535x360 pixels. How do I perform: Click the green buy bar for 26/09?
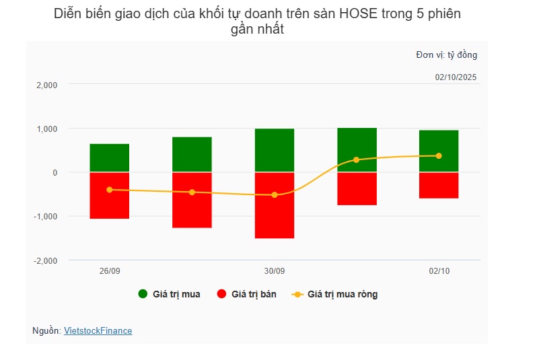[x=110, y=158]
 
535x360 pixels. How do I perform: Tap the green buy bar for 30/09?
[x=275, y=150]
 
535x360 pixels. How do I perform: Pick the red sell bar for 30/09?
[x=275, y=205]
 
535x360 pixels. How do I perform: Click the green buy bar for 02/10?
[x=439, y=151]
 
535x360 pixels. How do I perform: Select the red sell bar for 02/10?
[x=439, y=185]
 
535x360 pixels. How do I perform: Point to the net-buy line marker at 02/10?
[x=439, y=156]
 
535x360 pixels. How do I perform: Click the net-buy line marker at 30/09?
[x=275, y=195]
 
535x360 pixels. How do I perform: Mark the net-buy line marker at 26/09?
[x=110, y=190]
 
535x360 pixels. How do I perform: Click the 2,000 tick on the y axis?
[x=46, y=85]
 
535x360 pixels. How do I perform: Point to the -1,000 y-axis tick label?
[x=45, y=217]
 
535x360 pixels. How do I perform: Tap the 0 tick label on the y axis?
[x=55, y=173]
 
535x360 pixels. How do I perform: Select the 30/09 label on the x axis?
[x=275, y=271]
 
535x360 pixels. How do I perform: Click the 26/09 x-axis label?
[x=110, y=271]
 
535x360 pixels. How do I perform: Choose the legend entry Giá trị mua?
[x=170, y=294]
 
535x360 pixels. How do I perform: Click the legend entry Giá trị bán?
[x=248, y=294]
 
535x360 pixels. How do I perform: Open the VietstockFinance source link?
[x=98, y=331]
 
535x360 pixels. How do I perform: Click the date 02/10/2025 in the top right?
[x=456, y=77]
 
